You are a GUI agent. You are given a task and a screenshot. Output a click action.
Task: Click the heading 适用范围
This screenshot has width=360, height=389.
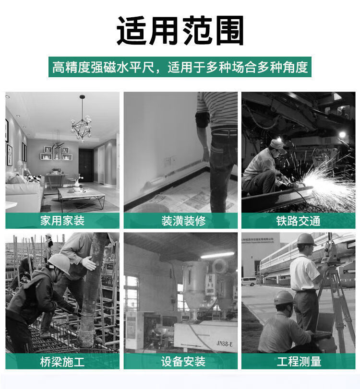[x=180, y=30]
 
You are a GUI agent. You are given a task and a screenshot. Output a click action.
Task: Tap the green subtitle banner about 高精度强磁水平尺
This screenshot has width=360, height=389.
[x=180, y=67]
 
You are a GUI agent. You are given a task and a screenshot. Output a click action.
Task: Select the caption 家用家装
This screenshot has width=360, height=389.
[x=62, y=221]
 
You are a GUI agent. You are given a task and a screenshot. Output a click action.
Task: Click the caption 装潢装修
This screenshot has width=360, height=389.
[x=183, y=221]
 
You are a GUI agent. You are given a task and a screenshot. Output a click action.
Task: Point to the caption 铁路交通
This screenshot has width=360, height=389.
[x=298, y=221]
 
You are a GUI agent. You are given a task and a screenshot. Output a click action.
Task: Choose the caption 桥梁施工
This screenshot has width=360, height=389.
[x=62, y=362]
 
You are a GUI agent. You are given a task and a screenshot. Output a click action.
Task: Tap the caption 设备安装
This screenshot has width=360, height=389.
[x=183, y=361]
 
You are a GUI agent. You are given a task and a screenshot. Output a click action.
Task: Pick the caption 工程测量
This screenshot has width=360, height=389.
[x=299, y=361]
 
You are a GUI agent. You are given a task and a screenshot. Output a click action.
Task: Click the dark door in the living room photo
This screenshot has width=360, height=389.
[x=86, y=165]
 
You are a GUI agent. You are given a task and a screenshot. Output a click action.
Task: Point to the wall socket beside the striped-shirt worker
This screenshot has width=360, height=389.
[x=169, y=162]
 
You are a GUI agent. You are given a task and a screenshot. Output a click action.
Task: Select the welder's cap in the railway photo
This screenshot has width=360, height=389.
[x=277, y=146]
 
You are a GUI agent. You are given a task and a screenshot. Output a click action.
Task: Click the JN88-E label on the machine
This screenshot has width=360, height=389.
[x=225, y=343]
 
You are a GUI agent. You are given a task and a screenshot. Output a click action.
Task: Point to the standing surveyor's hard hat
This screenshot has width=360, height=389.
[x=306, y=239]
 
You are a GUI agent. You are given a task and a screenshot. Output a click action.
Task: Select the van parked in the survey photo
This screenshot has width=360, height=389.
[x=249, y=282]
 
